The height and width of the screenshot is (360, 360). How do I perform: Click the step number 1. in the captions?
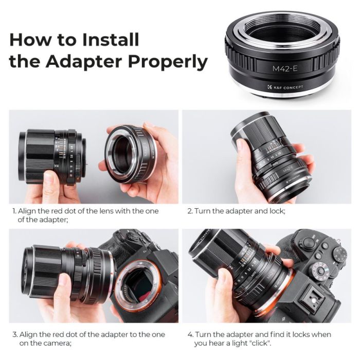[14, 211]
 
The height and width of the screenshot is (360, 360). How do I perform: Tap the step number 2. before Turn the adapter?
[189, 211]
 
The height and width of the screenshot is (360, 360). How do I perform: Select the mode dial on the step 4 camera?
[339, 254]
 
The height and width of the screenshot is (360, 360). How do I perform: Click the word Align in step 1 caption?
[28, 211]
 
